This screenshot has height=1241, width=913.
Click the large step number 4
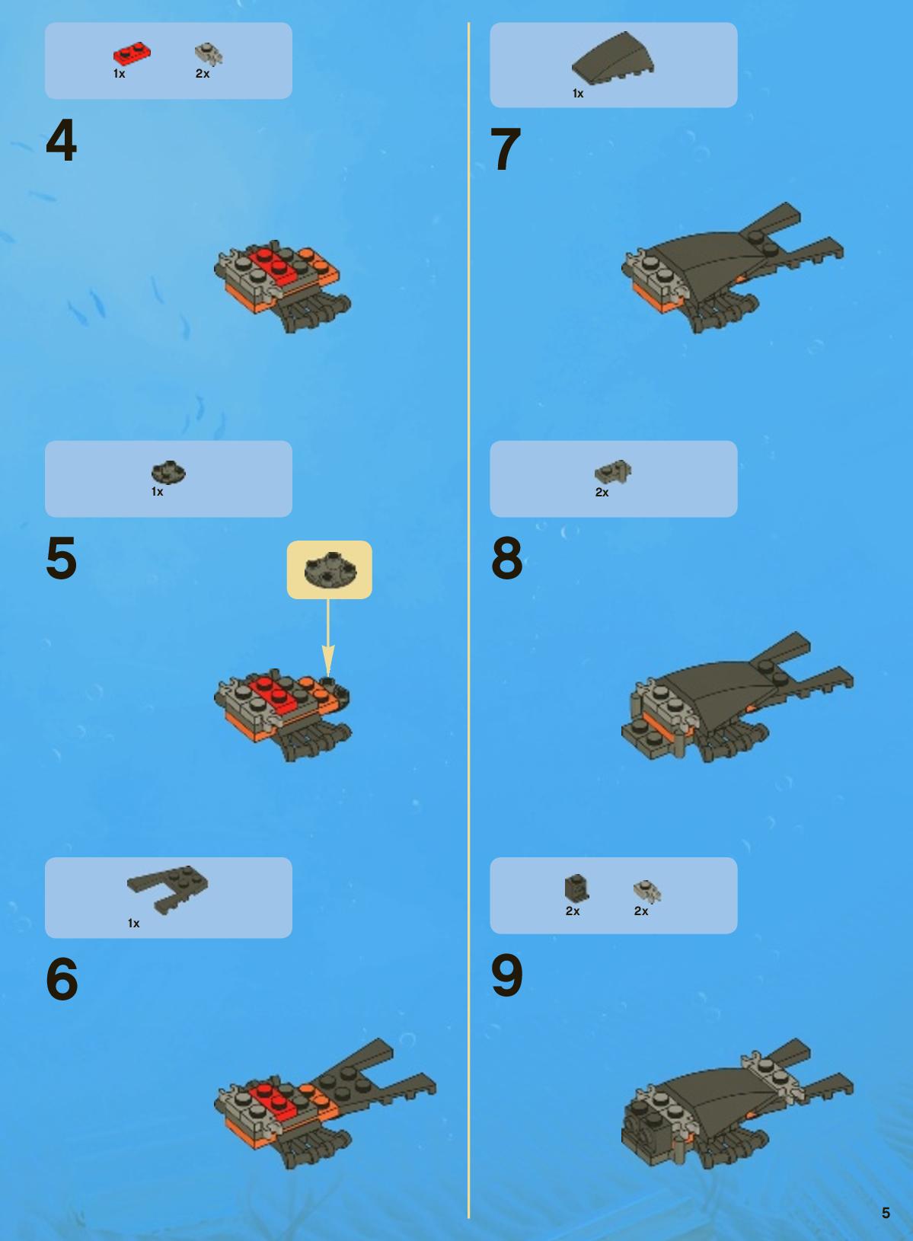(x=61, y=141)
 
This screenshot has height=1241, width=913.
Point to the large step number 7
(x=506, y=148)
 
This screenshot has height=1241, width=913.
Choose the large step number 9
(x=506, y=975)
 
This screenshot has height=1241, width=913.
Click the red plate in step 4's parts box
(x=132, y=54)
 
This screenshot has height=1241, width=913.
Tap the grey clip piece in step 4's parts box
(x=209, y=54)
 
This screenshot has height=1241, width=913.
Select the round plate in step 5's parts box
(x=168, y=473)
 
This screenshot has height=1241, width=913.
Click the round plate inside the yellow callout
(x=330, y=569)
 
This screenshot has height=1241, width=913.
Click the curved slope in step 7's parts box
(x=613, y=58)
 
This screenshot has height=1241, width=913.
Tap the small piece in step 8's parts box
(x=613, y=472)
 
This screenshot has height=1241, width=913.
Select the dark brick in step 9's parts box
(x=576, y=888)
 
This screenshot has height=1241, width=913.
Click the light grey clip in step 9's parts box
(x=647, y=891)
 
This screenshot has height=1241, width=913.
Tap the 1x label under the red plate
(x=119, y=74)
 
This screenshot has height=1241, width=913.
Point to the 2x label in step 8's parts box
(x=602, y=492)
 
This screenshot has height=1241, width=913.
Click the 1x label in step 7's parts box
(x=578, y=94)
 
